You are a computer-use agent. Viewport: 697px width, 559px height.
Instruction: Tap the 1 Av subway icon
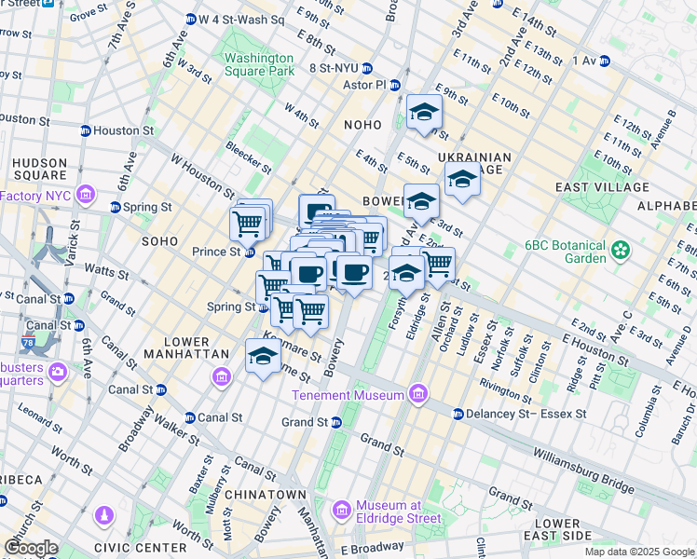pyautogui.click(x=604, y=61)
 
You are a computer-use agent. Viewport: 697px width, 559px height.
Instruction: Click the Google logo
pyautogui.click(x=31, y=548)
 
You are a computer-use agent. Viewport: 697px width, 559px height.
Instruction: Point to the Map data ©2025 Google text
pyautogui.click(x=639, y=552)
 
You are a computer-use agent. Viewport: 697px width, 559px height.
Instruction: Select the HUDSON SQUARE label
pyautogui.click(x=39, y=169)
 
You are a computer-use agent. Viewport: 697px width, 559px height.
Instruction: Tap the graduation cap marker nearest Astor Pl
pyautogui.click(x=424, y=113)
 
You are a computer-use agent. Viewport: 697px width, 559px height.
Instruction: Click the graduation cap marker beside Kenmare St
pyautogui.click(x=264, y=357)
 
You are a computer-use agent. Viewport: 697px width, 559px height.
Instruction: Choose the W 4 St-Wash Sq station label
pyautogui.click(x=240, y=19)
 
